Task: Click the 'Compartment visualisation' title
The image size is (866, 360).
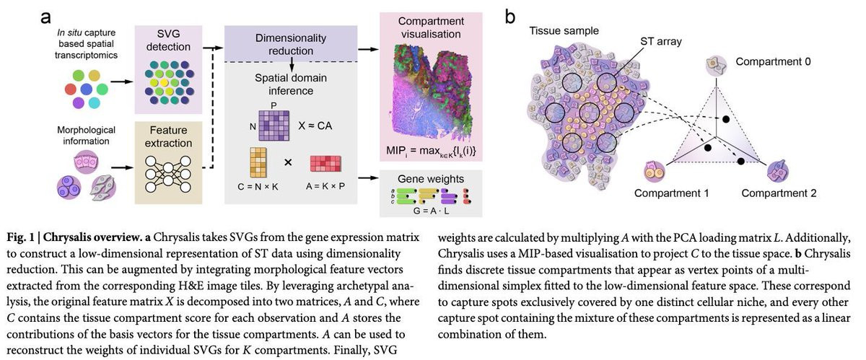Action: [x=431, y=27]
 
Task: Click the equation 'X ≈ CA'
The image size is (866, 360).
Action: [x=317, y=125]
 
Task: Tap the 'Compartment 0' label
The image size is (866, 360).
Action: [x=773, y=62]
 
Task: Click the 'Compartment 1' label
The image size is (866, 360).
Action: [x=672, y=193]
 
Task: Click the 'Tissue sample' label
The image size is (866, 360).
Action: [x=564, y=32]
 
